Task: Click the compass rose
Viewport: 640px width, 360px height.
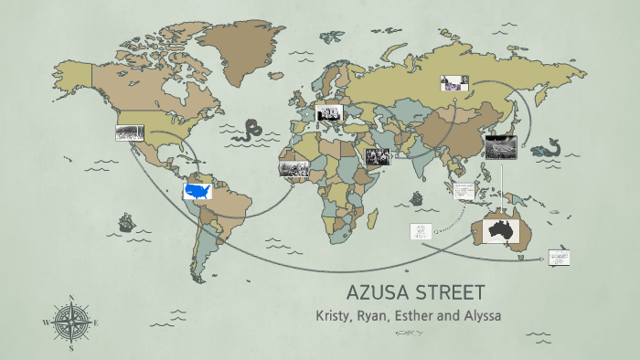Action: click(70, 321)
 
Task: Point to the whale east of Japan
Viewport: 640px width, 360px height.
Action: click(550, 146)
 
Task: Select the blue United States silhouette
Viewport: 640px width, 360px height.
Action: click(197, 191)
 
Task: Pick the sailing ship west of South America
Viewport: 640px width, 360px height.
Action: click(125, 223)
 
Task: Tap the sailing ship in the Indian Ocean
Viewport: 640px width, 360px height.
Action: click(417, 198)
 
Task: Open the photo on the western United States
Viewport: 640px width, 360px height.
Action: click(129, 133)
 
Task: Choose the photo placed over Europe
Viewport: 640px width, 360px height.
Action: click(328, 112)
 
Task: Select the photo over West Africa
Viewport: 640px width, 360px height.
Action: click(293, 169)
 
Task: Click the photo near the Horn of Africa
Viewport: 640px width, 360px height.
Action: click(378, 156)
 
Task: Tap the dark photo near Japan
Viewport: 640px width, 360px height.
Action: click(501, 143)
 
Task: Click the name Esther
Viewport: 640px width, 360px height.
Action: click(436, 316)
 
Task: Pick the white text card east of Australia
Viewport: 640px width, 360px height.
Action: click(559, 258)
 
